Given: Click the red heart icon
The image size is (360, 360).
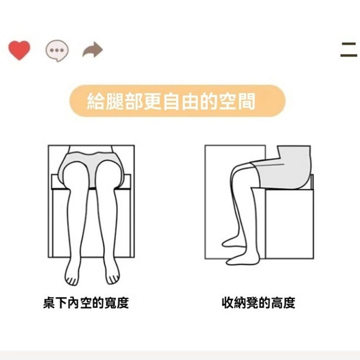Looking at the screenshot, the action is point(19,50).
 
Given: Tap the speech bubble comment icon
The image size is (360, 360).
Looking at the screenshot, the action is point(57,51).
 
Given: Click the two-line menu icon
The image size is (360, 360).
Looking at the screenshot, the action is point(348,49).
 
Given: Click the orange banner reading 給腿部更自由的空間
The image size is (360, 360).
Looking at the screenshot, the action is point(177,101).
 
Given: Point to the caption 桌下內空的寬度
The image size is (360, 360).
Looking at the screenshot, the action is point(86,303).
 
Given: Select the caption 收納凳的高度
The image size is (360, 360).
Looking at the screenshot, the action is point(259,303).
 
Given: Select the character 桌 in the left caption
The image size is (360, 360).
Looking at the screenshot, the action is point(49,303).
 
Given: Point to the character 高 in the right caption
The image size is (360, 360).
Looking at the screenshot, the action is point(277,303).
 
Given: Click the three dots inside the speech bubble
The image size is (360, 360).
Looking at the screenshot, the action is point(57,50).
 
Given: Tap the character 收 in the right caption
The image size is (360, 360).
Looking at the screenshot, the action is point(228,303).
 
